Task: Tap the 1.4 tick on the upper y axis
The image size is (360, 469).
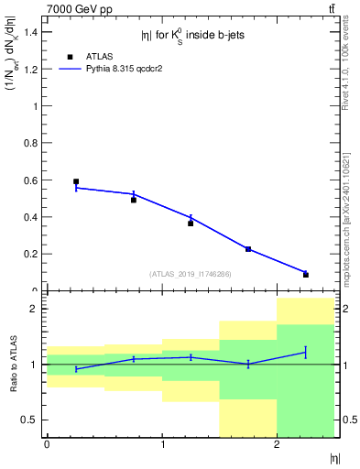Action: [x=29, y=32]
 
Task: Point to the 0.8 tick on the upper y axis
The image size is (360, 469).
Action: [x=29, y=143]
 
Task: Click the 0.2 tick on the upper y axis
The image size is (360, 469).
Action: [x=29, y=254]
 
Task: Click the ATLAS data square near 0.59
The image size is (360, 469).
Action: [x=76, y=181]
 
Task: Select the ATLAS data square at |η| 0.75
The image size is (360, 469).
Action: [x=134, y=200]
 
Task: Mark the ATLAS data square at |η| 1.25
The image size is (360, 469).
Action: [x=191, y=223]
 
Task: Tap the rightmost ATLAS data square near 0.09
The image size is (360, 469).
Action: [x=305, y=275]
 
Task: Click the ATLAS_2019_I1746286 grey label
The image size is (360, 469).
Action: [x=190, y=274]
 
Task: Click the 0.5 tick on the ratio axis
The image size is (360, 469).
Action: [x=31, y=420]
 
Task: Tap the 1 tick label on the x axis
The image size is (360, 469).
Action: [x=162, y=445]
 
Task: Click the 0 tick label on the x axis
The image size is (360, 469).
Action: [x=47, y=445]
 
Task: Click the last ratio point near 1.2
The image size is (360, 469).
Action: [x=305, y=352]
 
